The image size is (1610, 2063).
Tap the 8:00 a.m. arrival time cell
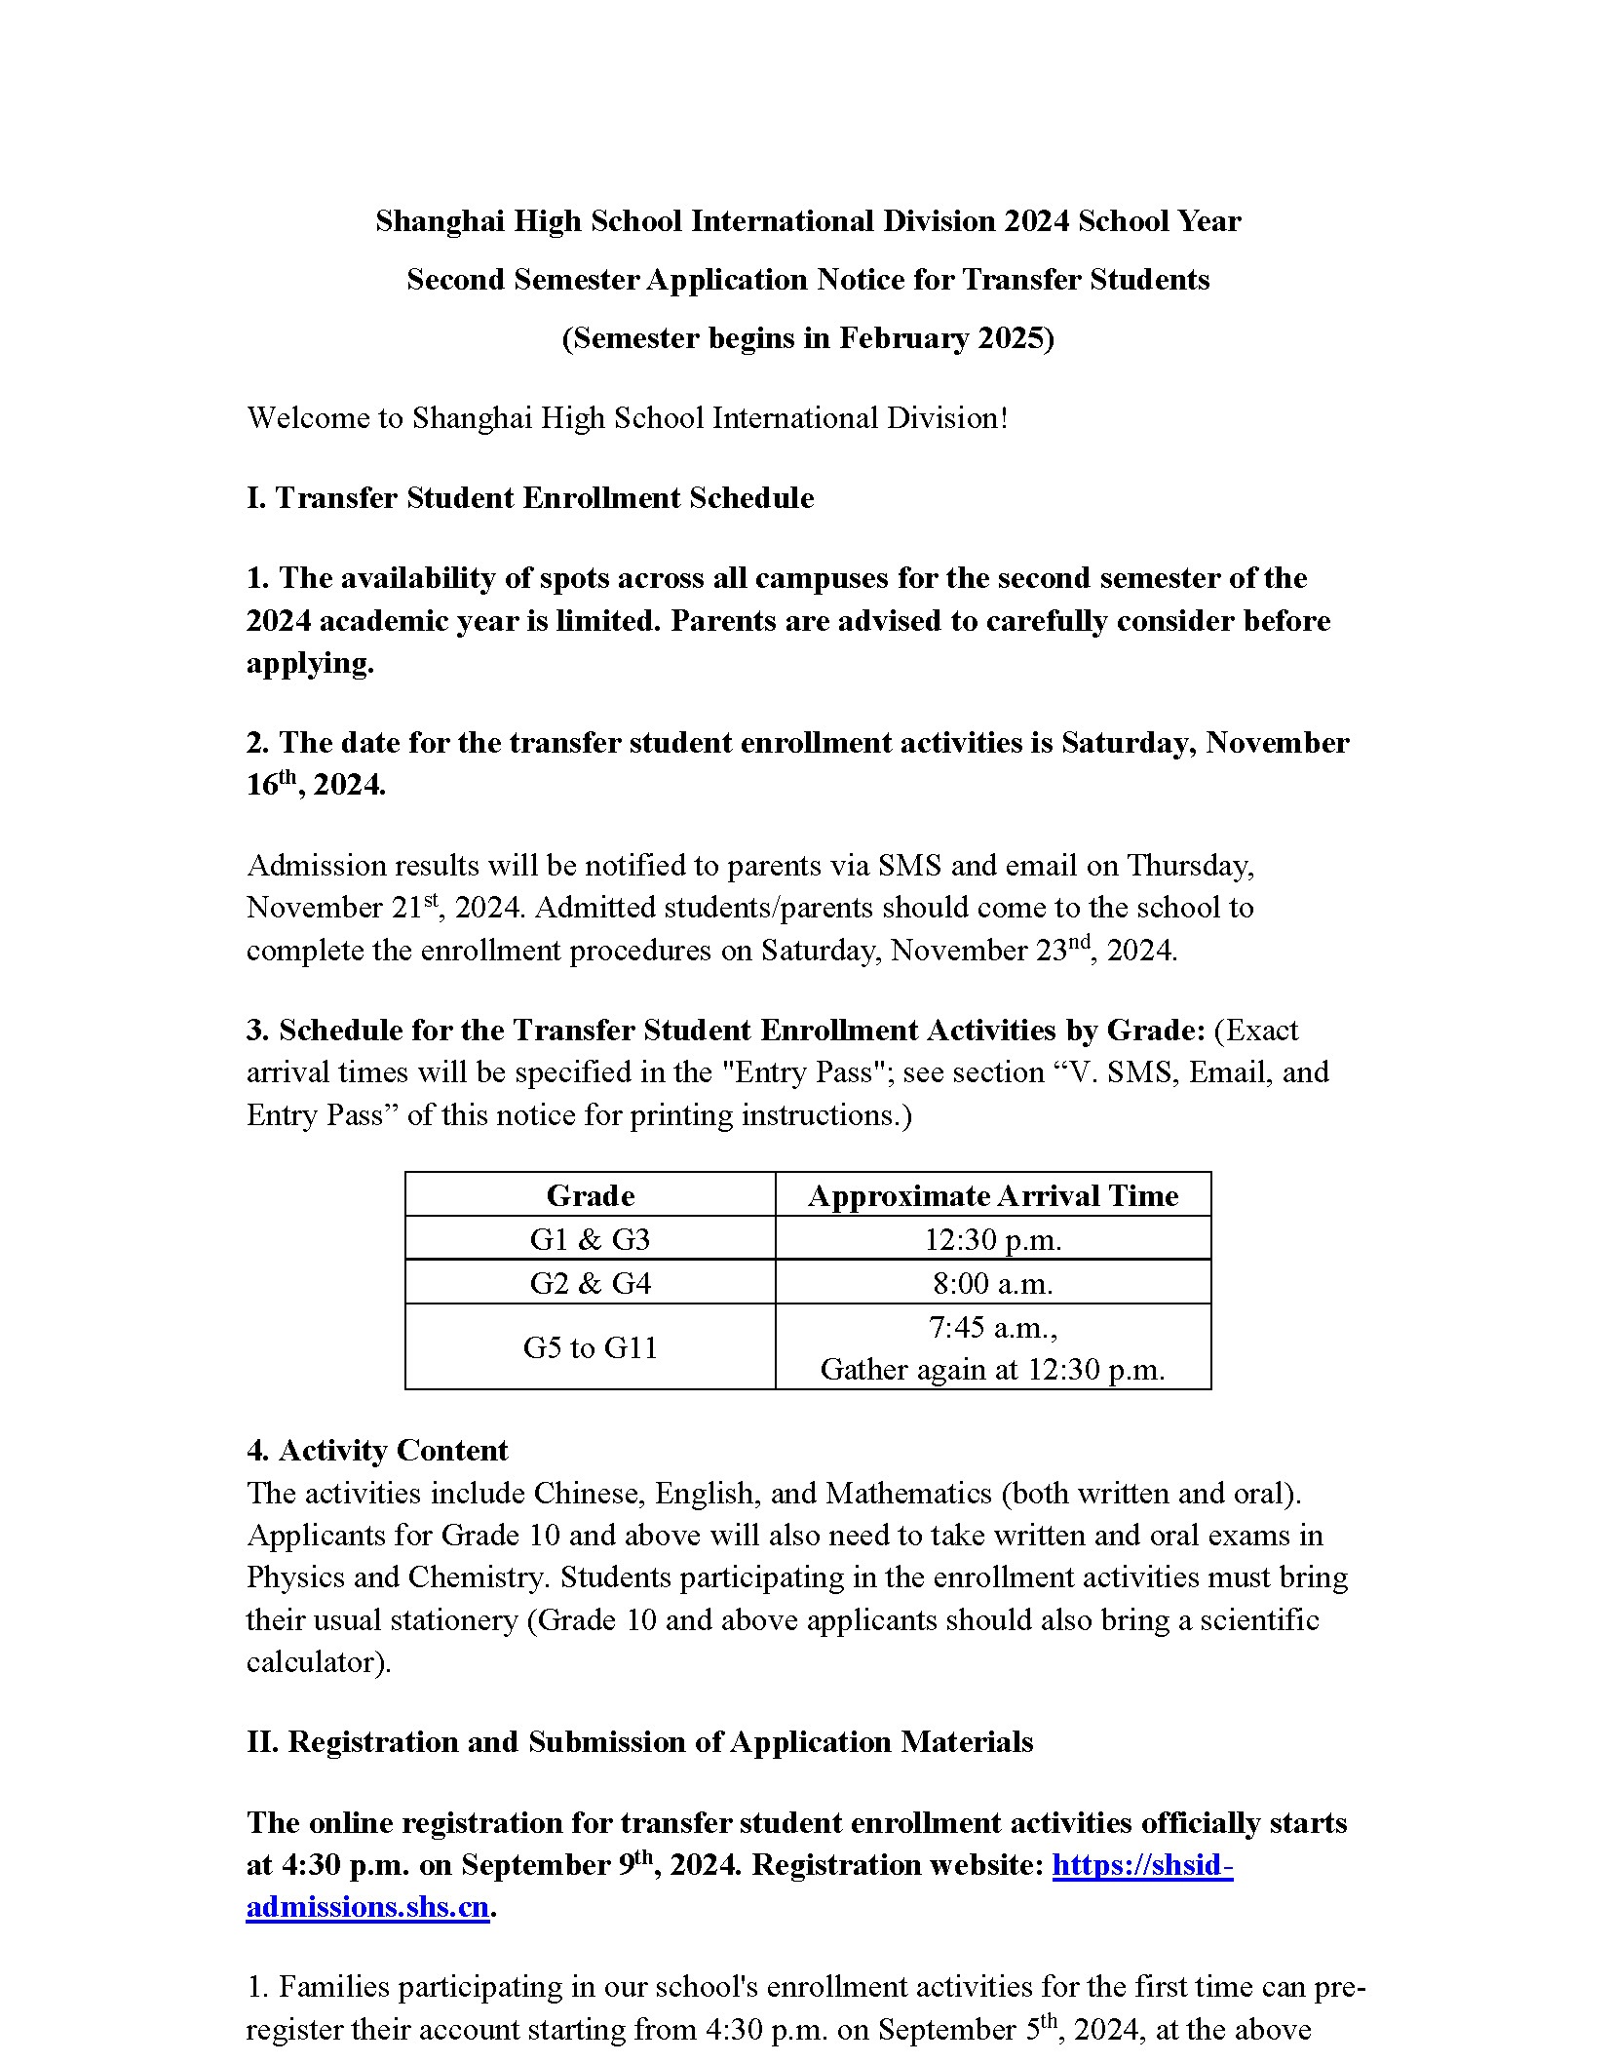click(992, 1282)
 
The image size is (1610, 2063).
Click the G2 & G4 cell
click(590, 1282)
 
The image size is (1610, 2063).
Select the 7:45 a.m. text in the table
click(992, 1327)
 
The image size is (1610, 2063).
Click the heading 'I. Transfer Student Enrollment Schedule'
click(530, 497)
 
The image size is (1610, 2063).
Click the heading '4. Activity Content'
click(377, 1450)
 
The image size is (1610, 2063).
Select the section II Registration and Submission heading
click(639, 1741)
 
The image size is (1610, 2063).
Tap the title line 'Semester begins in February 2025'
click(807, 337)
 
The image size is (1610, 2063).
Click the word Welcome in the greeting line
click(309, 417)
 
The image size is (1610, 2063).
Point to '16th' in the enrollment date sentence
click(270, 785)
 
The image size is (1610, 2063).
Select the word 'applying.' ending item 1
click(310, 663)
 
